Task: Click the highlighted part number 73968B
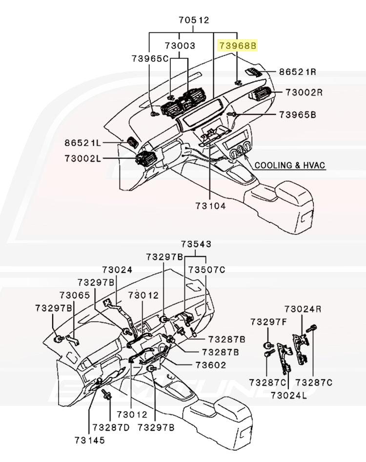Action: [238, 45]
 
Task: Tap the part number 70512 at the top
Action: [194, 20]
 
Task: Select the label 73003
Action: [180, 45]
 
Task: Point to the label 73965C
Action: [150, 58]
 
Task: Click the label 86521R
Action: [298, 71]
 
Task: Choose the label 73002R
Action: [304, 92]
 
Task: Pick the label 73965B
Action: [298, 114]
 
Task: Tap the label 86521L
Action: [82, 143]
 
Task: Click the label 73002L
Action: [82, 158]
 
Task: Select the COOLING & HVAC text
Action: [290, 165]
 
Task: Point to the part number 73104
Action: [211, 206]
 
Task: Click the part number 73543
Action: [196, 244]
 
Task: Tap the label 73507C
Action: [206, 269]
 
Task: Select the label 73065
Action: [75, 295]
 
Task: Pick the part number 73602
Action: [211, 365]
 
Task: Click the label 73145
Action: [90, 440]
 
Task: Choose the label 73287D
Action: [111, 427]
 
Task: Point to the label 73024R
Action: [303, 309]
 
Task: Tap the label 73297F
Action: [268, 322]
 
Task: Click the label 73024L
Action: [288, 395]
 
